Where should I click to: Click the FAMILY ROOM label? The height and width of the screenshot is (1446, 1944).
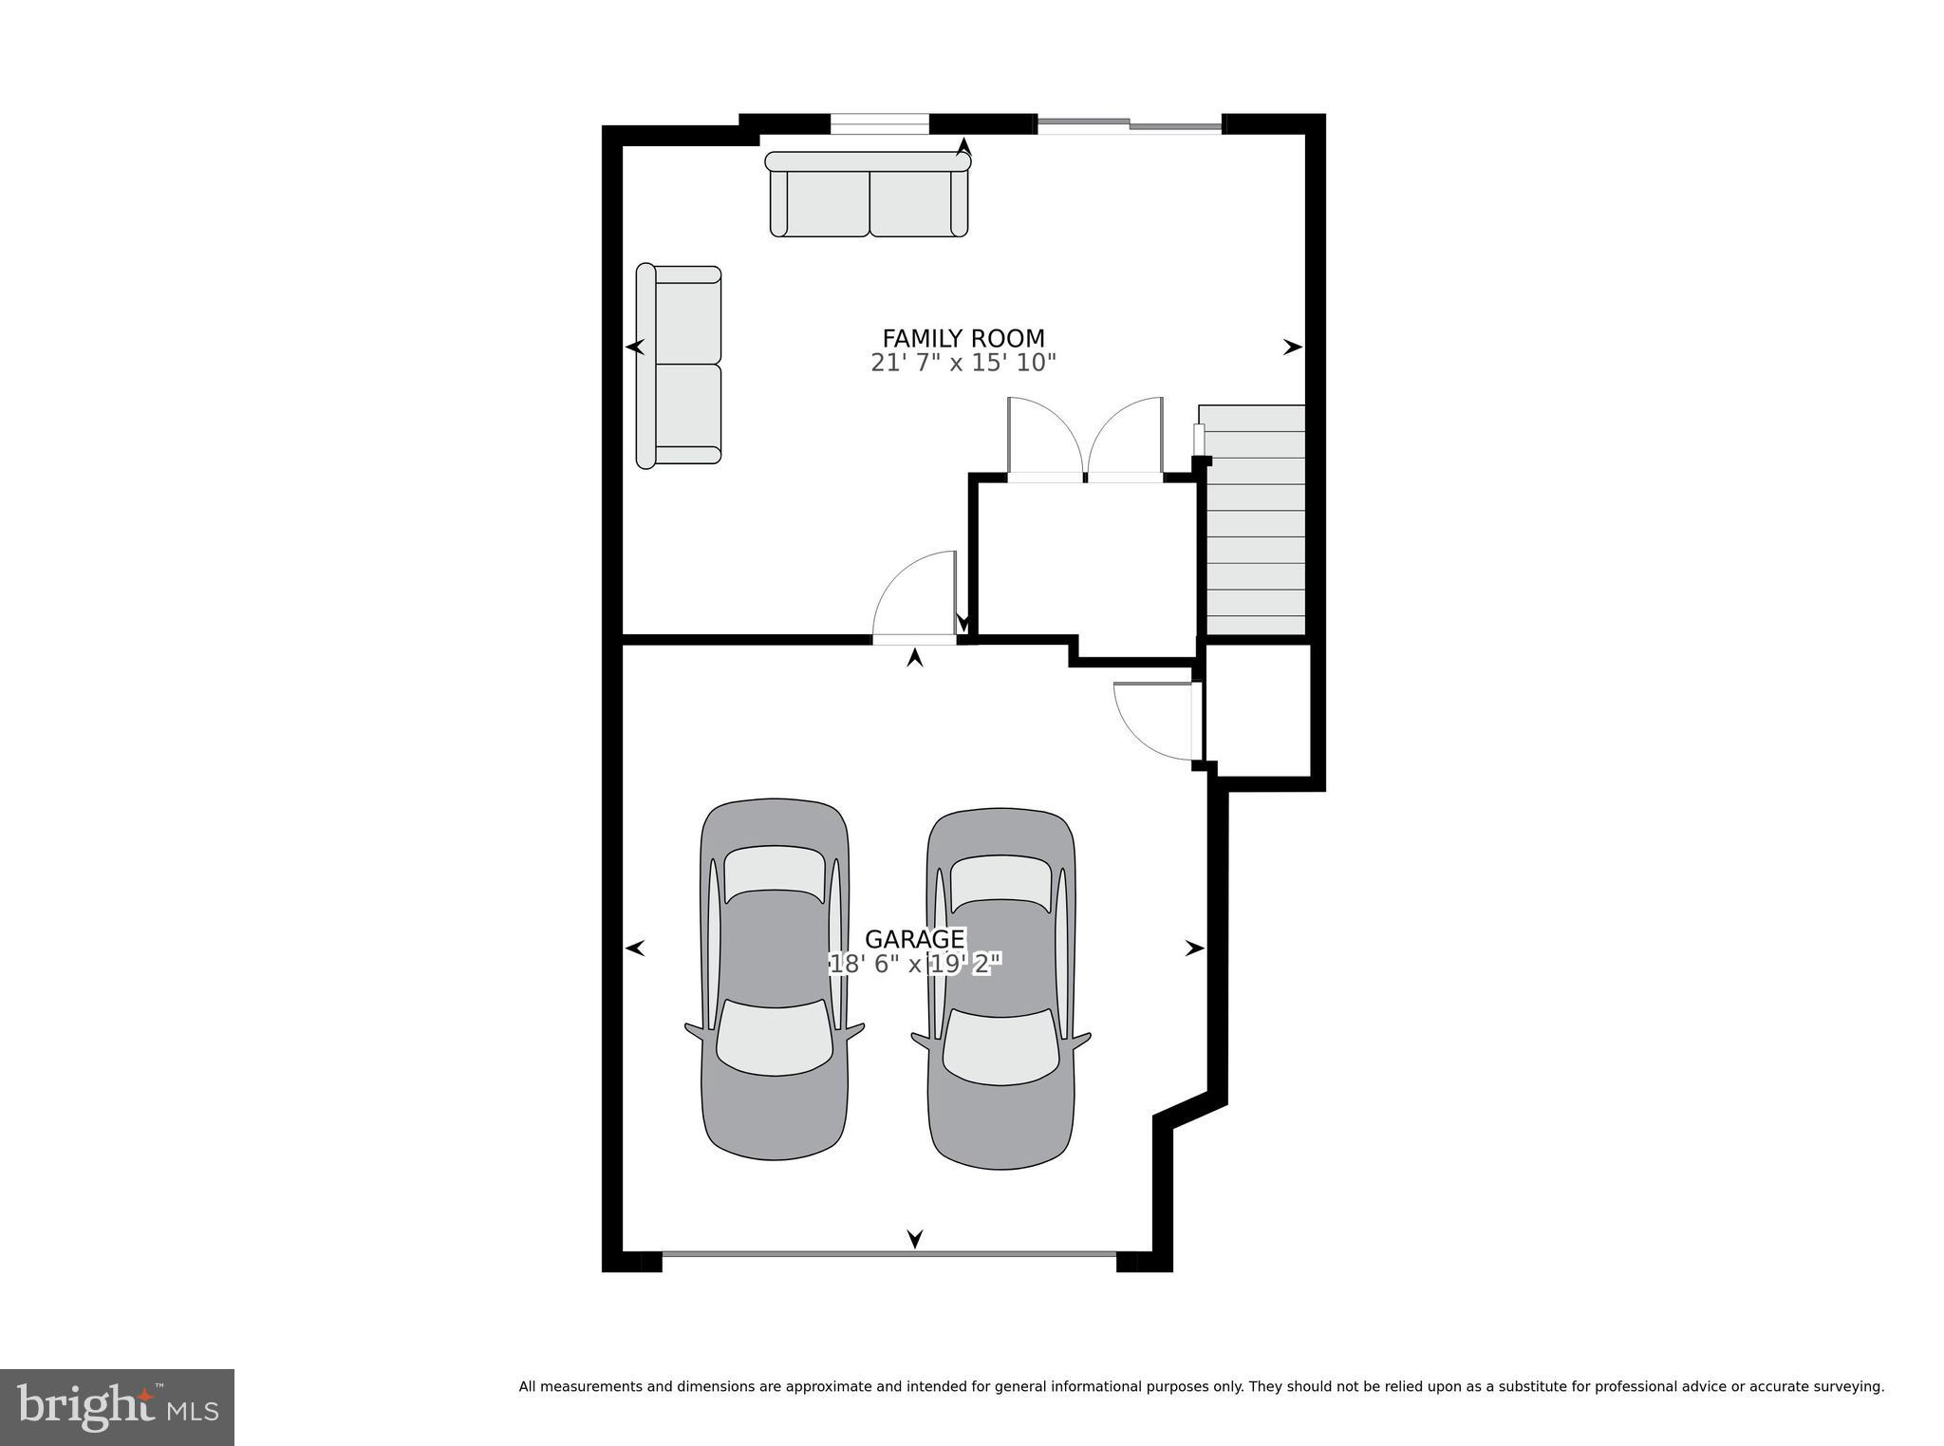(x=963, y=338)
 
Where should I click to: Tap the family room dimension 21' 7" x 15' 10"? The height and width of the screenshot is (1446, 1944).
(x=963, y=363)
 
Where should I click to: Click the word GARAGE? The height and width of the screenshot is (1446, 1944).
(x=914, y=939)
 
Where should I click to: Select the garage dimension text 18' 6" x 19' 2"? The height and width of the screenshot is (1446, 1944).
(x=914, y=965)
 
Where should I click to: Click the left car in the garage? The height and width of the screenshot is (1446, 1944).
(x=775, y=979)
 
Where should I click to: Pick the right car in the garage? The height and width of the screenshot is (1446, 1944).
(x=1001, y=988)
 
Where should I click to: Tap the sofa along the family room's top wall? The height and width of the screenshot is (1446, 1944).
(x=868, y=195)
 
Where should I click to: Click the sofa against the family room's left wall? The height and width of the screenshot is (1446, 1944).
(x=679, y=366)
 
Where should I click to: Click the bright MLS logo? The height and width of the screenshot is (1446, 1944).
(x=117, y=1407)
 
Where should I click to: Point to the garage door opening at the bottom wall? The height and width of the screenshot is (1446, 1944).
(x=888, y=1254)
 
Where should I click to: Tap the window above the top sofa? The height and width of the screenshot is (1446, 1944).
(x=879, y=123)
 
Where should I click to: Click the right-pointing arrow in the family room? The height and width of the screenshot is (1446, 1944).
(x=1292, y=347)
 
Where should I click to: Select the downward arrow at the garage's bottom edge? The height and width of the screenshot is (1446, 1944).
(x=914, y=1238)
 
